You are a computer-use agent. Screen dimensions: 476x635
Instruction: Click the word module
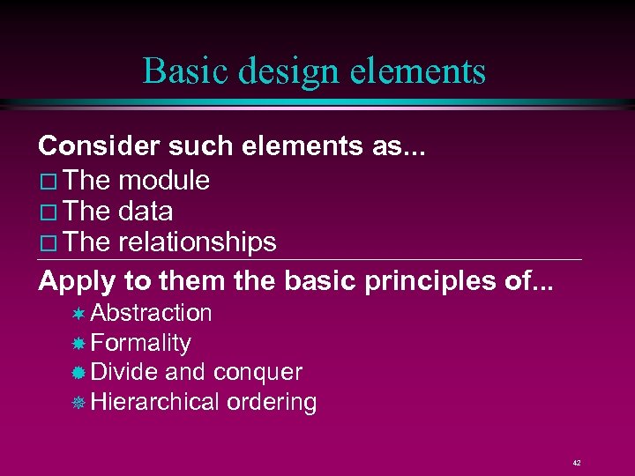(164, 181)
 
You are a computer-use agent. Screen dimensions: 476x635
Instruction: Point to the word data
(146, 212)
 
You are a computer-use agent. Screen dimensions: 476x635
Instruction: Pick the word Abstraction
(151, 313)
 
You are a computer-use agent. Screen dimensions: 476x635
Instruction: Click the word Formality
(140, 343)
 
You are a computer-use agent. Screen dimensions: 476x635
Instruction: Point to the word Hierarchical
(154, 402)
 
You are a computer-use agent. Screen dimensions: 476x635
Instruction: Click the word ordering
(272, 403)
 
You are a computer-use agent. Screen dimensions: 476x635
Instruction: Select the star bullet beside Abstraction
(78, 314)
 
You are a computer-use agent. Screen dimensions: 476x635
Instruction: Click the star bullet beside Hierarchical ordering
(78, 403)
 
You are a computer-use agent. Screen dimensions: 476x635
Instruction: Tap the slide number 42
(576, 462)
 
